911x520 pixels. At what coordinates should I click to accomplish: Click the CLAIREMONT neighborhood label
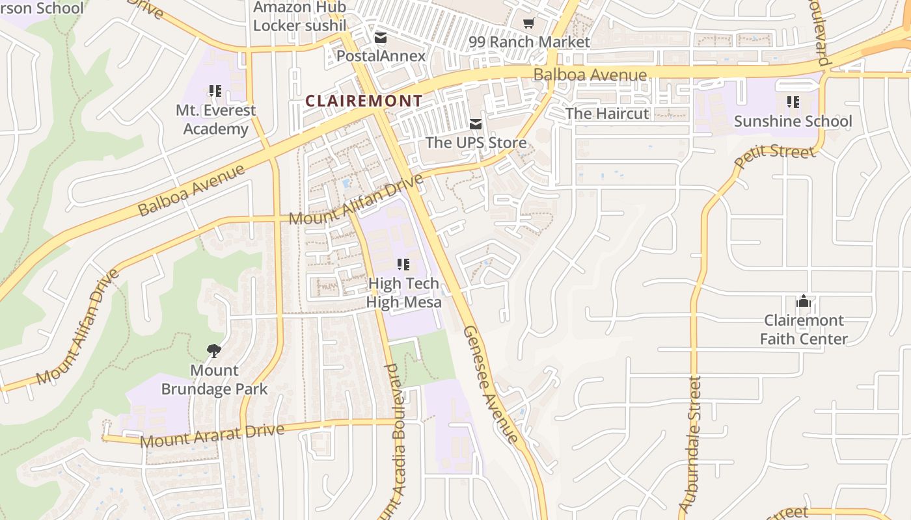click(x=364, y=101)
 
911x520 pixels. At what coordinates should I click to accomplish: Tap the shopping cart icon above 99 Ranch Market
click(x=529, y=23)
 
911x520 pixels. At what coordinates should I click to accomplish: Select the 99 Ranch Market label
click(x=529, y=42)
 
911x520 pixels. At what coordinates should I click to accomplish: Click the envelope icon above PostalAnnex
click(x=380, y=38)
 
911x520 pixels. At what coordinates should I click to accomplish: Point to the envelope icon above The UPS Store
click(x=476, y=123)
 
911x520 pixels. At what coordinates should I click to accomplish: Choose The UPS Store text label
click(x=476, y=142)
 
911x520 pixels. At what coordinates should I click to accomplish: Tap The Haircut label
click(x=606, y=114)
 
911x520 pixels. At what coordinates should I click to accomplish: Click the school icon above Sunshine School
click(x=793, y=102)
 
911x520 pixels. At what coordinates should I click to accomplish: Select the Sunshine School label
click(x=793, y=122)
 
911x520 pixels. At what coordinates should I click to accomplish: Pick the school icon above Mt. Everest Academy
click(x=215, y=91)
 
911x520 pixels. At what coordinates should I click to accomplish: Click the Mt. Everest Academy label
click(x=215, y=120)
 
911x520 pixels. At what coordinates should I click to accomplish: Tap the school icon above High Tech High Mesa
click(x=403, y=265)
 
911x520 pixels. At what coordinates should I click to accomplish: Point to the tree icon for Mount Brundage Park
click(x=213, y=352)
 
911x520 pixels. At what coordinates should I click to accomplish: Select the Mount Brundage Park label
click(x=214, y=380)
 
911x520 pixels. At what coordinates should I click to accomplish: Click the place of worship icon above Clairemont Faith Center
click(x=804, y=301)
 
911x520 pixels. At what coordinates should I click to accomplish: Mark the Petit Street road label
click(x=774, y=156)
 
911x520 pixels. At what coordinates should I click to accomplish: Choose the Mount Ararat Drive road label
click(x=212, y=435)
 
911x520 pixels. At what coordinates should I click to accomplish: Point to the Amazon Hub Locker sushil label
click(x=299, y=16)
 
